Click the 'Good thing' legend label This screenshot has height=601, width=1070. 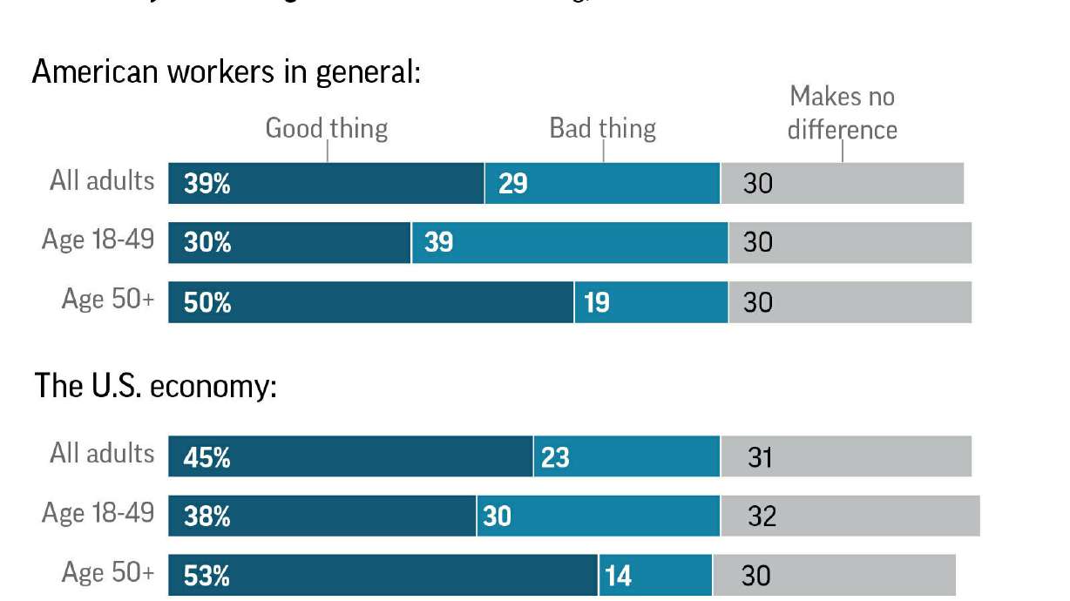326,129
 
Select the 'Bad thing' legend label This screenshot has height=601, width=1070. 602,129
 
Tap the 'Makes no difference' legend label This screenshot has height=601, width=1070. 842,112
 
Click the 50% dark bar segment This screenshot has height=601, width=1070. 370,302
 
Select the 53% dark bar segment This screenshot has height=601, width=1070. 383,576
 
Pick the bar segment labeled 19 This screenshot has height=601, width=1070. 651,302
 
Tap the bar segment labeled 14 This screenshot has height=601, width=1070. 655,576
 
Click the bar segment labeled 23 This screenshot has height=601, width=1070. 626,456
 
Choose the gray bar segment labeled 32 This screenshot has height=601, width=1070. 850,517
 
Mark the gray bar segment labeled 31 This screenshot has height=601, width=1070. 845,456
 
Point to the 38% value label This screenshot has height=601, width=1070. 207,517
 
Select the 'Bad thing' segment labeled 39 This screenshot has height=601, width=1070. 570,242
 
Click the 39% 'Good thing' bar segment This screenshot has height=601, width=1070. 326,183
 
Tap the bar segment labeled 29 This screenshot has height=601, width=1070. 602,183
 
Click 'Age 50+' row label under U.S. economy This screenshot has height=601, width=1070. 108,573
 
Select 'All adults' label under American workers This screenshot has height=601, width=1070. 102,181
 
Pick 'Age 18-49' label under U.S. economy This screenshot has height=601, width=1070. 98,513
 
